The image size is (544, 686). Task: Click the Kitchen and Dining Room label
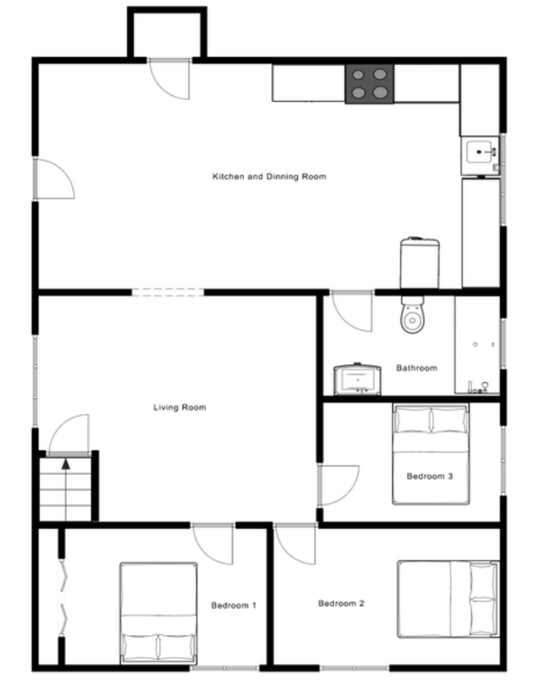[x=269, y=177]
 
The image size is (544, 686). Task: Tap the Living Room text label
[x=179, y=408]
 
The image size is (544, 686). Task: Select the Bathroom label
[x=416, y=368]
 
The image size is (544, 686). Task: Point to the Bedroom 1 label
[x=234, y=605]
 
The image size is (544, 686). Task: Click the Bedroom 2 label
[x=341, y=604]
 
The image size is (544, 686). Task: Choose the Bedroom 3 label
[x=429, y=476]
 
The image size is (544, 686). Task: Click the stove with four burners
[x=370, y=84]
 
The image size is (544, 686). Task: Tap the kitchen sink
[x=482, y=154]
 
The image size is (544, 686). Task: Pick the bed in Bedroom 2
[x=448, y=599]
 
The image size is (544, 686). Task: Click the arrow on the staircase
[x=66, y=465]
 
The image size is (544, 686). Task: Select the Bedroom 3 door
[x=337, y=486]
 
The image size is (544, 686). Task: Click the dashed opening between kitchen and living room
[x=167, y=293]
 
